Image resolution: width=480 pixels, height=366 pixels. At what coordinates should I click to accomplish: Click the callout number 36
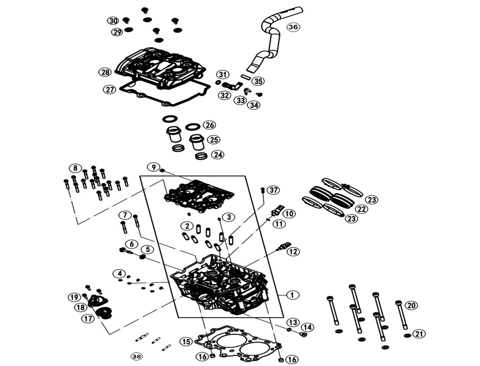[x=293, y=27]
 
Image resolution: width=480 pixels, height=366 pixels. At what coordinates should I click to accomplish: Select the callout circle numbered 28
[x=105, y=72]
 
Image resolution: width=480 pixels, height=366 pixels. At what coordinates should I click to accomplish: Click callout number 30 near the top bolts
[x=113, y=21]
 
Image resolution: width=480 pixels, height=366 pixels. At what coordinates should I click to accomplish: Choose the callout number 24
[x=217, y=155]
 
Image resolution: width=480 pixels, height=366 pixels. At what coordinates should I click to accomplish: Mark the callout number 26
[x=209, y=125]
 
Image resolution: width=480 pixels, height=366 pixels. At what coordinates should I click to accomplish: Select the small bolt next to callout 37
[x=263, y=190]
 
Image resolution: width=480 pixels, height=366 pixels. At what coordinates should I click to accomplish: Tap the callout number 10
[x=289, y=214]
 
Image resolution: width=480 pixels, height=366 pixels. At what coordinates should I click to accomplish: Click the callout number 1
[x=292, y=295]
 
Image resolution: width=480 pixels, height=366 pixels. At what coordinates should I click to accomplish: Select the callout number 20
[x=411, y=306]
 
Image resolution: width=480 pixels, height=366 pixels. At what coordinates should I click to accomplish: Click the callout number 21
[x=419, y=334]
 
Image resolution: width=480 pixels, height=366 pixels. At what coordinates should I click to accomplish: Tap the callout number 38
[x=137, y=357]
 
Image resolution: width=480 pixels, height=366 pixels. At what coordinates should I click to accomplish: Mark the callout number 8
[x=74, y=168]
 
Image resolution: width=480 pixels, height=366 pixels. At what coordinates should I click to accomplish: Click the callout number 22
[x=361, y=209]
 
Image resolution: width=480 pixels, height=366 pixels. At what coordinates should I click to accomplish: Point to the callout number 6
[x=131, y=244]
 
